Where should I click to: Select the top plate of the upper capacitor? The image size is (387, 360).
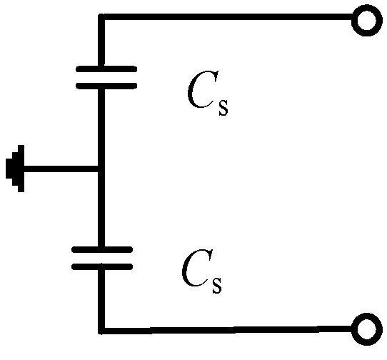[x=106, y=69]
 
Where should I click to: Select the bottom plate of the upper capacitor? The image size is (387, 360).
[x=106, y=85]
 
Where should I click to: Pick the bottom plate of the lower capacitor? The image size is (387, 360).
[x=102, y=266]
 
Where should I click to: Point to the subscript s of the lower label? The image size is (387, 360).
[x=216, y=286]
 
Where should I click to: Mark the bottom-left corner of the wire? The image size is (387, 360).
[x=101, y=330]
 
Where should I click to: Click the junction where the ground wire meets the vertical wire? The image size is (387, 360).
[x=101, y=169]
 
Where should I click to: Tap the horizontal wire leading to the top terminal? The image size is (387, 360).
[x=228, y=18]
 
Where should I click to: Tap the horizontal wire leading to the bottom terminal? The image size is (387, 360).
[x=228, y=329]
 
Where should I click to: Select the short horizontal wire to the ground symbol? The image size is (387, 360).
[x=61, y=169]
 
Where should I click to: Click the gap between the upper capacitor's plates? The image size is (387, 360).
[x=106, y=77]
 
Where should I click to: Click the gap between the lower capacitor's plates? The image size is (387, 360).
[x=102, y=259]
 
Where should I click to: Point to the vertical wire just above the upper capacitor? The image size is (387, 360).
[x=101, y=43]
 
